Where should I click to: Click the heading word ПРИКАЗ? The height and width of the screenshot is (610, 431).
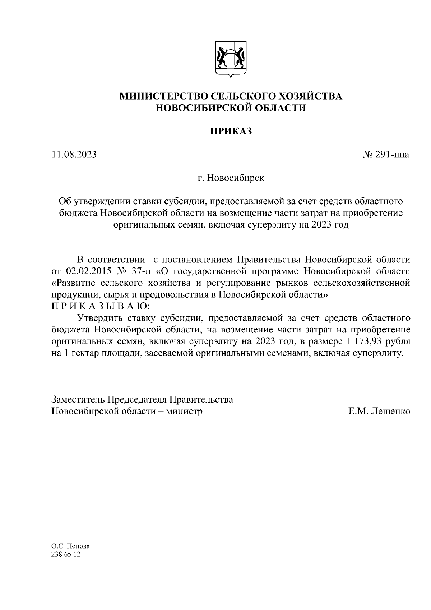click(231, 132)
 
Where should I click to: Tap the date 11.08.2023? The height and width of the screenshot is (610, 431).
click(74, 155)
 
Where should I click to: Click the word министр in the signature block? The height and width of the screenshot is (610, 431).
click(184, 411)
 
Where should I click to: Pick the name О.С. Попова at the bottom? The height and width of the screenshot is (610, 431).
click(71, 546)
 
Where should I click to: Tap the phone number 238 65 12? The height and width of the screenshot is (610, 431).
click(66, 555)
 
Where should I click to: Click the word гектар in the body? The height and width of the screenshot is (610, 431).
click(85, 353)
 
